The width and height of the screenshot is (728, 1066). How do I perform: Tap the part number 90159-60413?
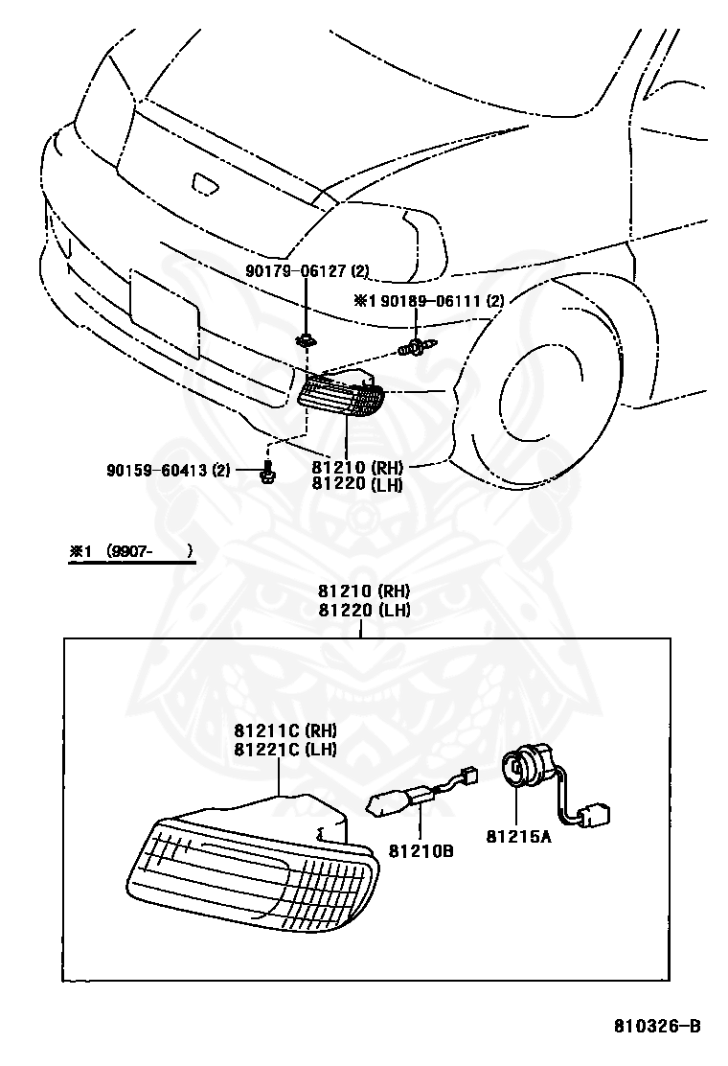(169, 470)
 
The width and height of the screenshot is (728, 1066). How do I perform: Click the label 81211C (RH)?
(285, 730)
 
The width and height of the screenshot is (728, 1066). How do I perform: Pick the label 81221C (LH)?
(285, 749)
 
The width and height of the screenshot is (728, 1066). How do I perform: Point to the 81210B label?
(421, 850)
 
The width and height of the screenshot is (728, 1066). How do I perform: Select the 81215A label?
(518, 836)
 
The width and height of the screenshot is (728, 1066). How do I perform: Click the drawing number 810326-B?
(657, 1027)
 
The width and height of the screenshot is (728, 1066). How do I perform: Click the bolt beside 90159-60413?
(267, 471)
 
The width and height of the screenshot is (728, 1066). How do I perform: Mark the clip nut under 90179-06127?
(306, 338)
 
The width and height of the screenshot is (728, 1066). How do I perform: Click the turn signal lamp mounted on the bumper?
(342, 394)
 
